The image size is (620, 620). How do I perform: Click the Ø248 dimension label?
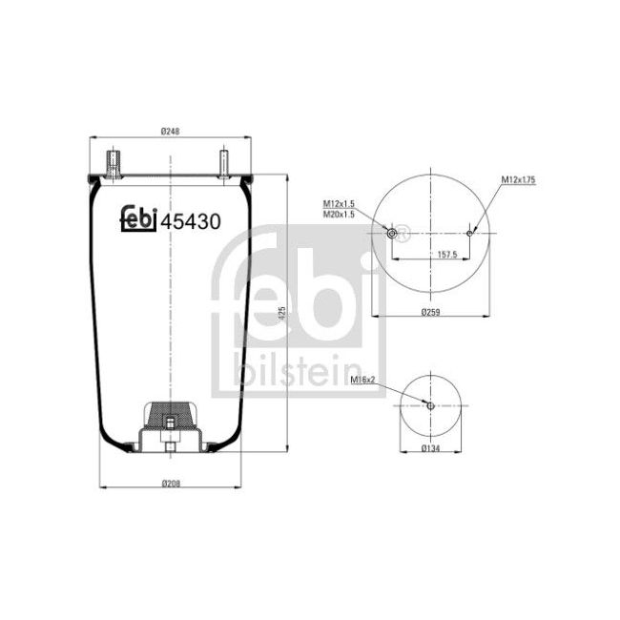[171, 132]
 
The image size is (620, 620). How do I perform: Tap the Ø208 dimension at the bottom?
[171, 483]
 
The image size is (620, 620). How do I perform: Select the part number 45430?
[191, 221]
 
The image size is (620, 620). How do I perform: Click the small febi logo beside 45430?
[137, 219]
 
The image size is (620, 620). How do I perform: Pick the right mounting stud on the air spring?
[224, 161]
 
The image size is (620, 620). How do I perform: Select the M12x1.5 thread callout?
[338, 204]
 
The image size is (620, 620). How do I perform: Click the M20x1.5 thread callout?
[338, 215]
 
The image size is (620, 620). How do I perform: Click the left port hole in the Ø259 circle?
[392, 232]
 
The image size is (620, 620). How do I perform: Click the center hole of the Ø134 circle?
[430, 405]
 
